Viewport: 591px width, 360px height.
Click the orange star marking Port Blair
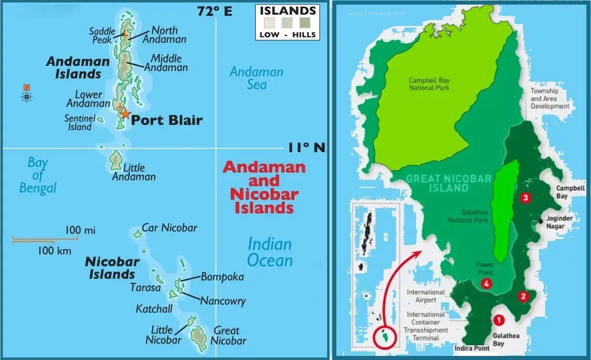[125, 114]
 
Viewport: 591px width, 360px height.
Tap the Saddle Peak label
[102, 36]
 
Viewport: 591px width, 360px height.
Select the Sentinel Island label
[80, 123]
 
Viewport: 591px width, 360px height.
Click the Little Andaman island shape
[115, 160]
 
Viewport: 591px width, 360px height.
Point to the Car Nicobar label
[169, 228]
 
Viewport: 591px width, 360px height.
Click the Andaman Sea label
[256, 78]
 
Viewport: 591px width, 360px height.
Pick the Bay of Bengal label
[38, 176]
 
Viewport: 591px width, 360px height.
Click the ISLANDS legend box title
[287, 11]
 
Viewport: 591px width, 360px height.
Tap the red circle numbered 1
[499, 320]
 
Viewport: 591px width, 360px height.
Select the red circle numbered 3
[524, 198]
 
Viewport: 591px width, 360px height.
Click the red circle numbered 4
[486, 284]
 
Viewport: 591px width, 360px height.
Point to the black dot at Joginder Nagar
[540, 221]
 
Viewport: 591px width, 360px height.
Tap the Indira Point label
[471, 348]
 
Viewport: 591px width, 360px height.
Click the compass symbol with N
[27, 95]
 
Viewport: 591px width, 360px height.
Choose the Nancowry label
[223, 301]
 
